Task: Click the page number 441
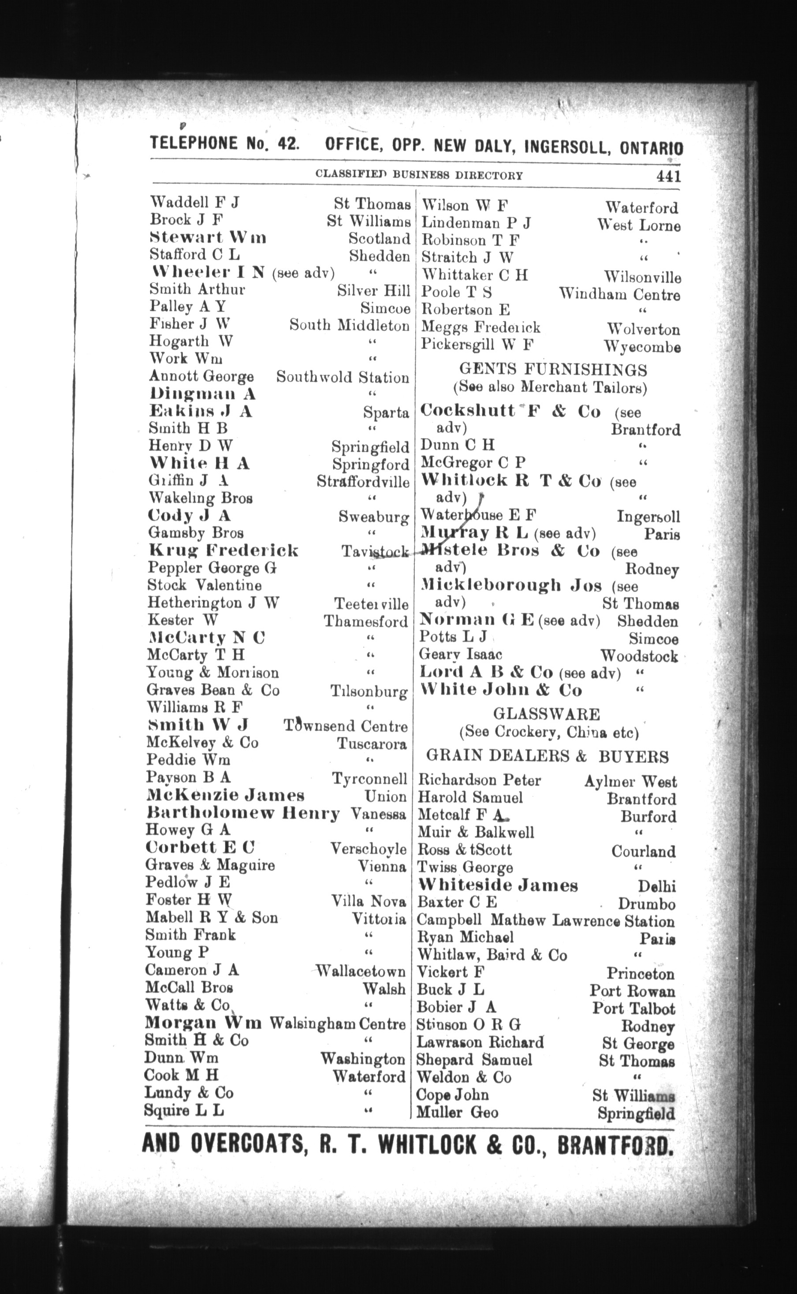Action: pyautogui.click(x=668, y=176)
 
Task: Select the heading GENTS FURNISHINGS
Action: pyautogui.click(x=553, y=369)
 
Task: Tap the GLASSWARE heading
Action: pyautogui.click(x=546, y=714)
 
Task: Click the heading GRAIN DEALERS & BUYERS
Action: pyautogui.click(x=547, y=757)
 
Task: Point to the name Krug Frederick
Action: pyautogui.click(x=223, y=550)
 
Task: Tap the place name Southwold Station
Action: pyautogui.click(x=343, y=377)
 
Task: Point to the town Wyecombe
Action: pyautogui.click(x=642, y=347)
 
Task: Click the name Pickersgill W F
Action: pyautogui.click(x=477, y=345)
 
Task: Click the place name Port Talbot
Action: pyautogui.click(x=633, y=1008)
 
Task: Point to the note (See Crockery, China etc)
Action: pyautogui.click(x=549, y=733)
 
